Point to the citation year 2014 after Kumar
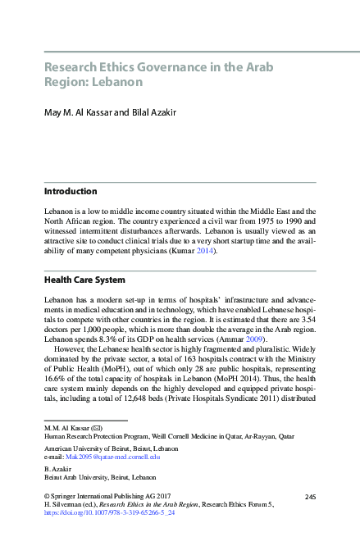pos(205,251)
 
